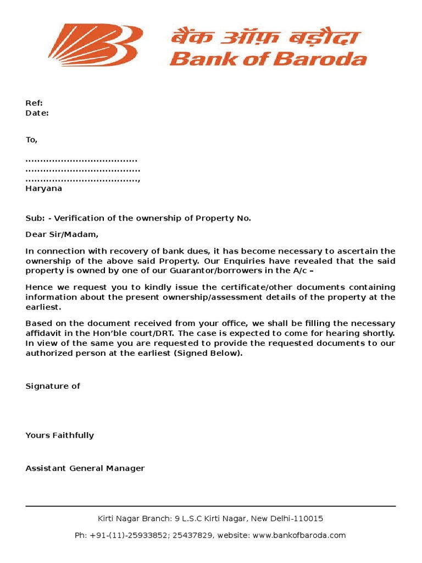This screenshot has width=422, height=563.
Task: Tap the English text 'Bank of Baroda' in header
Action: [x=268, y=58]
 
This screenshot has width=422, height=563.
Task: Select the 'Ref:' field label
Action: [x=34, y=103]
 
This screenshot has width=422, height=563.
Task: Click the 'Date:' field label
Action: [x=37, y=113]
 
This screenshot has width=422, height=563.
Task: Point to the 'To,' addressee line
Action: [x=31, y=140]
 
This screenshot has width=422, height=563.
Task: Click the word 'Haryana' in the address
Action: [x=44, y=189]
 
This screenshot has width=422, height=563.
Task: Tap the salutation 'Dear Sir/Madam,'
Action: [x=62, y=235]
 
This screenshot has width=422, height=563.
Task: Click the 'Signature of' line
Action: [x=53, y=386]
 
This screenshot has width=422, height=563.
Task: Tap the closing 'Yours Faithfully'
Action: [x=59, y=435]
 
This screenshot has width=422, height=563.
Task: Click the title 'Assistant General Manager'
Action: [x=85, y=468]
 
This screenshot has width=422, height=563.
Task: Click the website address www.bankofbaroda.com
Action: [x=299, y=536]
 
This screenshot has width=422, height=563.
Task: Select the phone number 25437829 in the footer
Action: [x=195, y=536]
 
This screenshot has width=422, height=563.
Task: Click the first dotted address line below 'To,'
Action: [x=81, y=160]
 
